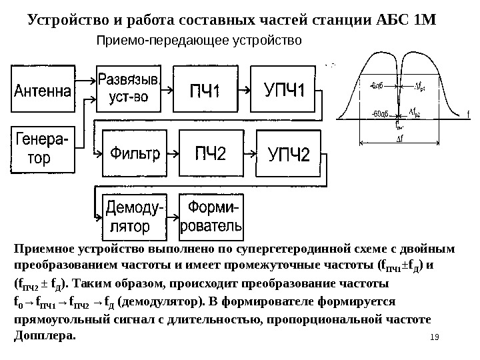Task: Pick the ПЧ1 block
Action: [x=207, y=88]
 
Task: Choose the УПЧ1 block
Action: [x=285, y=88]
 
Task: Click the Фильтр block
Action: [x=134, y=155]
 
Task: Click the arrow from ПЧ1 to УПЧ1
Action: [x=247, y=88]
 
